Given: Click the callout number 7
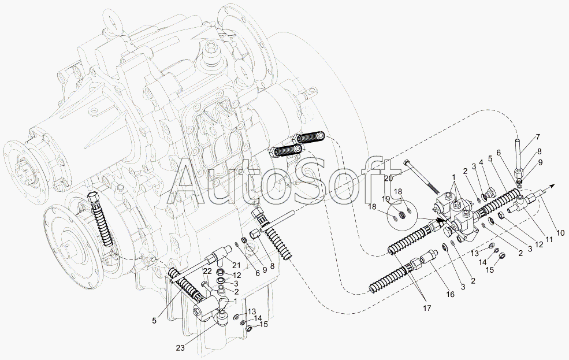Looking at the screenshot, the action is (x=537, y=137).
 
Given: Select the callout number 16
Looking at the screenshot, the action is (x=450, y=295).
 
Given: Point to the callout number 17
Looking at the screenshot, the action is (x=427, y=308).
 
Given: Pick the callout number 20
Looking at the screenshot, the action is (x=388, y=179).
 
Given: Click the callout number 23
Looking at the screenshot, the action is (x=180, y=348).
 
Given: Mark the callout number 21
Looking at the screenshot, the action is (x=237, y=264).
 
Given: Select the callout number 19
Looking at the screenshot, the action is (x=385, y=199).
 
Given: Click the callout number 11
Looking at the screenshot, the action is (x=551, y=239).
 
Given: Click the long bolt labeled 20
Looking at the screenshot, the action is (x=423, y=178).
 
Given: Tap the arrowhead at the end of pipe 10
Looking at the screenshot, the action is (x=552, y=185).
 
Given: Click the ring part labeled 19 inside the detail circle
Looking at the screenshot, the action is (x=401, y=216).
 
